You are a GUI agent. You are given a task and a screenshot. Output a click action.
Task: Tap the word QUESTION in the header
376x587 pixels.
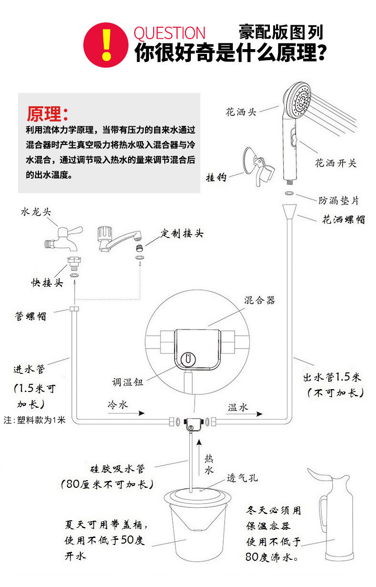(169, 33)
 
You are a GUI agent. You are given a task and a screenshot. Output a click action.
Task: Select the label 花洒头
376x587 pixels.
(241, 113)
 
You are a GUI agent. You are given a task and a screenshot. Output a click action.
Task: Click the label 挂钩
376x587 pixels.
(216, 177)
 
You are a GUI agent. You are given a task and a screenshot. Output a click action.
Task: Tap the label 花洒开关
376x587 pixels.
(336, 164)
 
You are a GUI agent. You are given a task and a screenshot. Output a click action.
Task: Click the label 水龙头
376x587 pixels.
(35, 212)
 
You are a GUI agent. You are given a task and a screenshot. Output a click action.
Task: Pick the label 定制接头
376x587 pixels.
(182, 234)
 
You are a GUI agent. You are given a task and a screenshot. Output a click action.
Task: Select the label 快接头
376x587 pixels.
(47, 283)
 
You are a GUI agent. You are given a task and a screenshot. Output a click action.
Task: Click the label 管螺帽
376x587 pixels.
(31, 316)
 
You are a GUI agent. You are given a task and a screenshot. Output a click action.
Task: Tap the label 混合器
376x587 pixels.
(259, 300)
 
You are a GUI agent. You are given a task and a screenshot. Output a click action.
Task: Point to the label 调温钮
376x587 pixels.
(128, 382)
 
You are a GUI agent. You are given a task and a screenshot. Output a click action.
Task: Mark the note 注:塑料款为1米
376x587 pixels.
(34, 421)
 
